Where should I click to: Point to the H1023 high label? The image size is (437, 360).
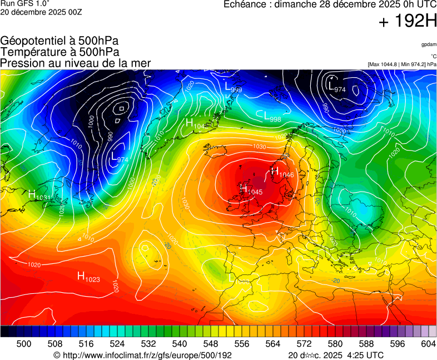click(x=88, y=276)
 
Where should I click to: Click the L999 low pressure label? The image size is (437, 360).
click(x=233, y=87)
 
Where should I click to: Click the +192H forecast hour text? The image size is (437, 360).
click(x=408, y=22)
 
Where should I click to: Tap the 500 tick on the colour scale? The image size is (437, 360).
click(x=24, y=344)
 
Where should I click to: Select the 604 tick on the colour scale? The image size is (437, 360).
click(x=428, y=344)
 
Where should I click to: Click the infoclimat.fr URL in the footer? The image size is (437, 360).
click(x=142, y=355)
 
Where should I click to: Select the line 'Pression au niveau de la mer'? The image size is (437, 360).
click(x=76, y=63)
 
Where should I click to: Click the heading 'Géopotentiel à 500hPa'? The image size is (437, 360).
click(x=59, y=41)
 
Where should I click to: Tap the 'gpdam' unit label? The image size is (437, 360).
click(x=429, y=44)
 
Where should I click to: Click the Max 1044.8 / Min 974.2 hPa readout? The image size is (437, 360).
click(x=402, y=64)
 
